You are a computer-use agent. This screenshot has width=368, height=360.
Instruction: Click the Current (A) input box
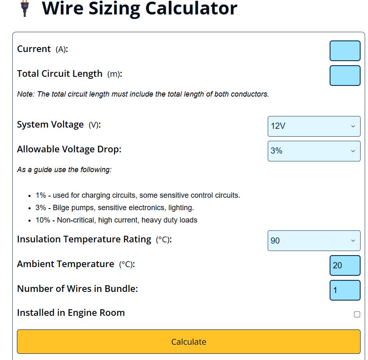coord(345,51)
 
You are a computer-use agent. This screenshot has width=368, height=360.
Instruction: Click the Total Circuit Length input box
coord(345,76)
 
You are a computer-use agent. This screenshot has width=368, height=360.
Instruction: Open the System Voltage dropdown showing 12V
coord(314,126)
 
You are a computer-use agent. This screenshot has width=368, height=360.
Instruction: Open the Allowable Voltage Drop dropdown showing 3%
coord(314,151)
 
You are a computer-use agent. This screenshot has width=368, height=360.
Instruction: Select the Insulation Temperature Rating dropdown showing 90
coord(314,241)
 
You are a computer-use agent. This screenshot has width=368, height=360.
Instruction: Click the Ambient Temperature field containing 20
coord(345,265)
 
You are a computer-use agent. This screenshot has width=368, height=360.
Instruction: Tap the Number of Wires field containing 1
coord(345,290)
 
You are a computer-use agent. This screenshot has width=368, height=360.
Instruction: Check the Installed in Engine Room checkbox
coord(357,314)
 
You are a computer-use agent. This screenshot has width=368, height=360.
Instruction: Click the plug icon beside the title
coord(25,8)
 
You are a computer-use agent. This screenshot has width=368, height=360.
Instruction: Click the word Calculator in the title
coord(191,8)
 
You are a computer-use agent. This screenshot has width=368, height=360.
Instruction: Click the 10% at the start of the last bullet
coord(43,220)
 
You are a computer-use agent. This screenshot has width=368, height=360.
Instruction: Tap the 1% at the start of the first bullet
coord(41,195)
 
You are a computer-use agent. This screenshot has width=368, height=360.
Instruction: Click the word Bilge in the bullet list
coord(61,208)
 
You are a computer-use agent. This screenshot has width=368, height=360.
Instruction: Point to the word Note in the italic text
coord(26,94)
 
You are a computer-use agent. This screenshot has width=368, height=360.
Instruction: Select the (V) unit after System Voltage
coord(94,125)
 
